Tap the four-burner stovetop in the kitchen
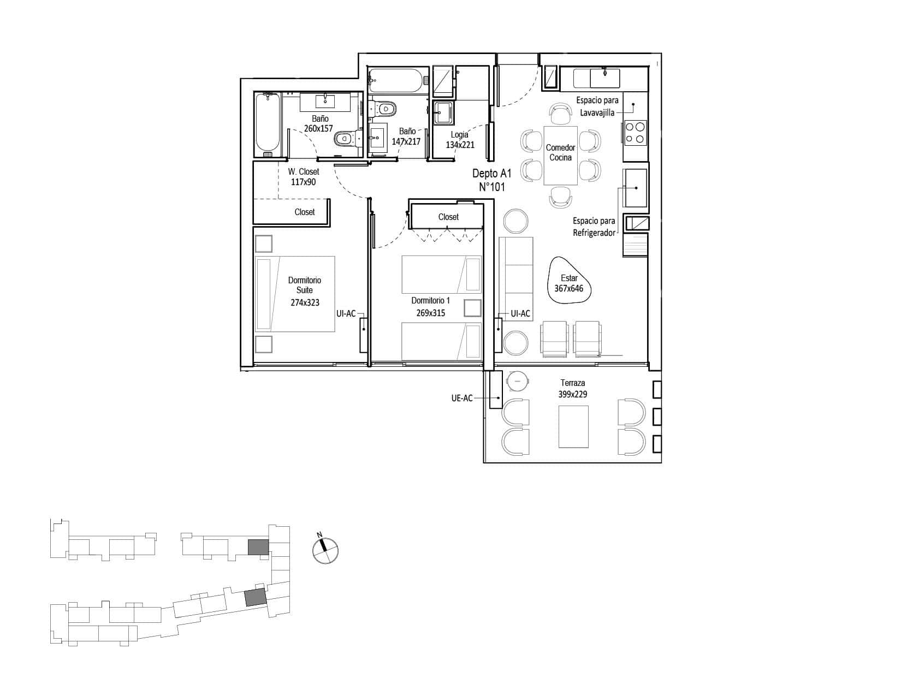[635, 133]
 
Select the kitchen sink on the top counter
[604, 78]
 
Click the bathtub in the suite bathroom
[268, 125]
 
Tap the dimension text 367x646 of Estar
[568, 289]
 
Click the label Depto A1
[492, 173]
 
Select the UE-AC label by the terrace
[462, 398]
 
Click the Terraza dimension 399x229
[572, 394]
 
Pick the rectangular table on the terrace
[573, 426]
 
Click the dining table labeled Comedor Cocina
[560, 156]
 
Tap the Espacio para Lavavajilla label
[597, 106]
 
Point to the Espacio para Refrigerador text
[594, 227]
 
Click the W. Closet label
[304, 171]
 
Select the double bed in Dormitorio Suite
[295, 294]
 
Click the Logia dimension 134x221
[460, 145]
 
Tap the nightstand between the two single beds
[472, 308]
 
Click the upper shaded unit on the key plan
[258, 547]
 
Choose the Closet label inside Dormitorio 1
[448, 217]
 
